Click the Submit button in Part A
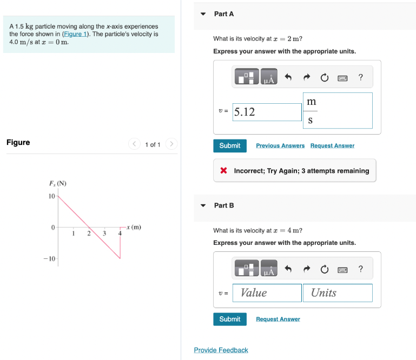(x=230, y=145)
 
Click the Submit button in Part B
(x=230, y=319)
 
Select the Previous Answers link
(x=280, y=146)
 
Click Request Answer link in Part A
(x=332, y=146)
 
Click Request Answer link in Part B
(x=278, y=319)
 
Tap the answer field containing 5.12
(x=267, y=112)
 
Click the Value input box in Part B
(x=267, y=292)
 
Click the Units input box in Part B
(x=337, y=292)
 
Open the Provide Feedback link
(x=221, y=350)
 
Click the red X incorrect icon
(x=223, y=171)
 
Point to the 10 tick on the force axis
(x=52, y=196)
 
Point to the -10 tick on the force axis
(x=50, y=259)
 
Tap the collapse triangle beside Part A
(x=203, y=14)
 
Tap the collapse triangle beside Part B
(x=203, y=205)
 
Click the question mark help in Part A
(x=360, y=78)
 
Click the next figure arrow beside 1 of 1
(x=171, y=144)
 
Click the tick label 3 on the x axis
(x=104, y=233)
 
